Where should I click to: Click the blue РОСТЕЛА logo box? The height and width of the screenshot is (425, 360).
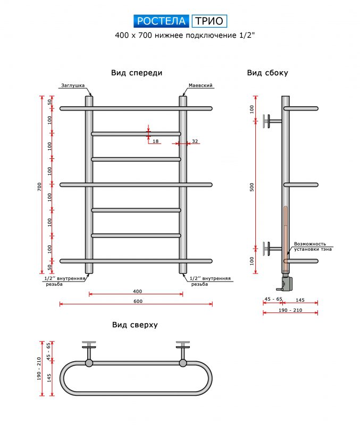[161, 21]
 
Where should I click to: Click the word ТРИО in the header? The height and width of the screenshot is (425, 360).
[209, 21]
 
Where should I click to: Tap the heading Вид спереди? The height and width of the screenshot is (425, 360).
[137, 73]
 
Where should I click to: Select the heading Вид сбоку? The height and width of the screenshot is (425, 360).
[267, 73]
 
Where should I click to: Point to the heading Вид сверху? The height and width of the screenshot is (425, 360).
[135, 325]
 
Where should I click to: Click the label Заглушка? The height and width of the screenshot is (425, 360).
[72, 85]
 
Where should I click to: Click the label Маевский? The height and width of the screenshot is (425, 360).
[201, 85]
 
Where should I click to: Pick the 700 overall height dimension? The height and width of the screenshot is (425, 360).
[39, 187]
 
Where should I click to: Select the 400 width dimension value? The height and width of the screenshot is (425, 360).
[137, 291]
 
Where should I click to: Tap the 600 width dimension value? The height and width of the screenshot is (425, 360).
[138, 301]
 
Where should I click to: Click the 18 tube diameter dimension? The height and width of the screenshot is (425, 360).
[155, 141]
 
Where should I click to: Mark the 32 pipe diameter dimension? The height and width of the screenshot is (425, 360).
[195, 141]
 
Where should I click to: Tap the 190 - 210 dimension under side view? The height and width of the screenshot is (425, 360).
[290, 310]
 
